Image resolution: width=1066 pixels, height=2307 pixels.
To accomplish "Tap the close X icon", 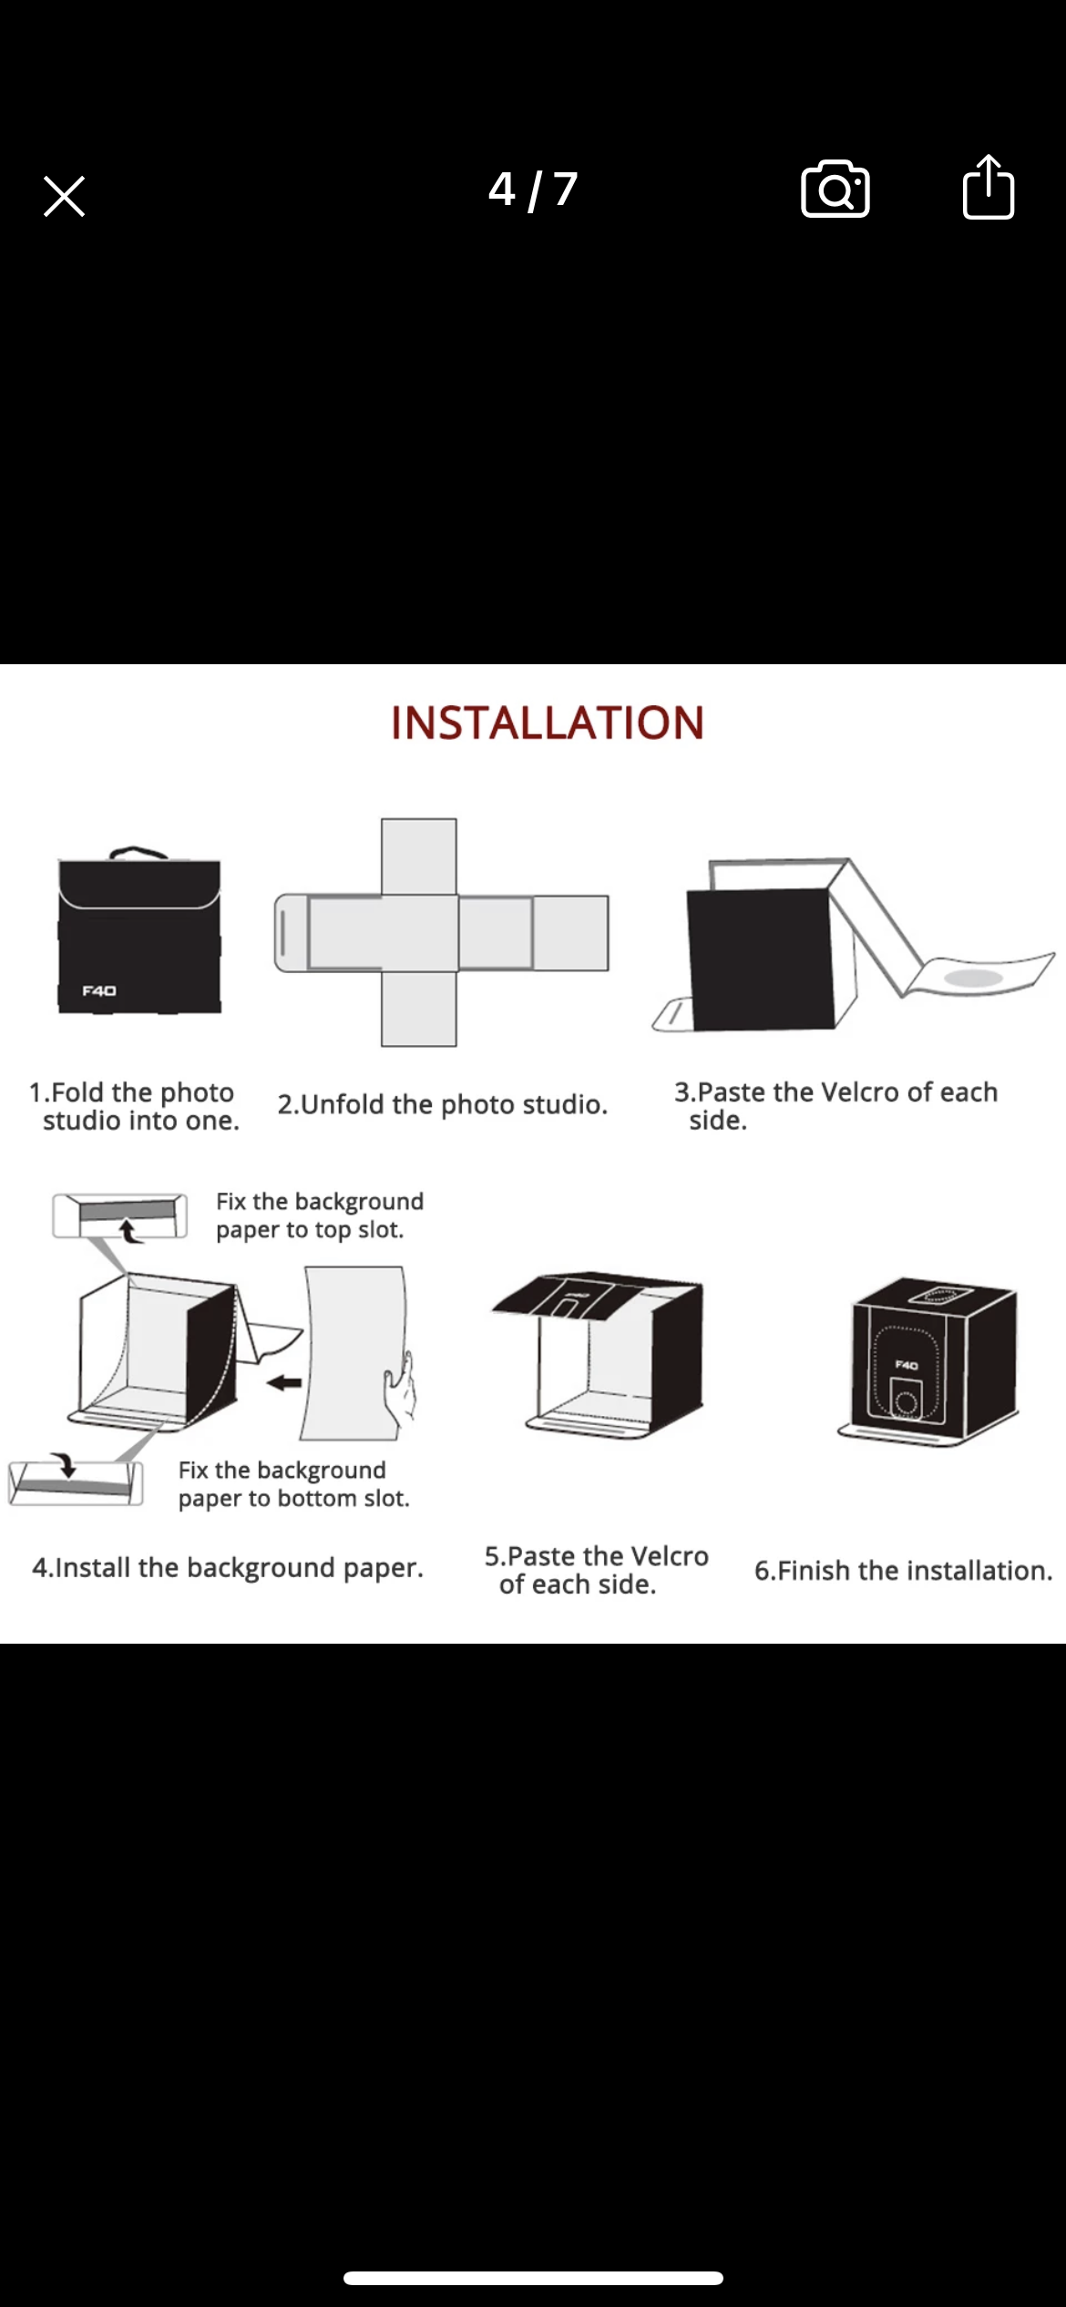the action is pyautogui.click(x=64, y=196).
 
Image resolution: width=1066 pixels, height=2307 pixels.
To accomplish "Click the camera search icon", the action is pyautogui.click(x=835, y=190).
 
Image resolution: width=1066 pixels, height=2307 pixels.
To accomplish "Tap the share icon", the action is pyautogui.click(x=989, y=187).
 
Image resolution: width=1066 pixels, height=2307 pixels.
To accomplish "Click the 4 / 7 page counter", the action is pyautogui.click(x=533, y=190).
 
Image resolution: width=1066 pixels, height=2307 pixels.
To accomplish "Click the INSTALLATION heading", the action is pyautogui.click(x=548, y=723).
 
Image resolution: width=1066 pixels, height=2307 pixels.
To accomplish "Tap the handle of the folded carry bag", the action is pyautogui.click(x=138, y=853).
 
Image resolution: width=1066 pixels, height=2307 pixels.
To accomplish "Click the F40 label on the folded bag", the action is pyautogui.click(x=99, y=990).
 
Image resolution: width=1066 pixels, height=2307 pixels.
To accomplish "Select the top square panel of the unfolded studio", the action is pyautogui.click(x=418, y=856).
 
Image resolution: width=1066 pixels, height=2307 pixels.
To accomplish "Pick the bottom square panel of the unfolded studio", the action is pyautogui.click(x=418, y=1009).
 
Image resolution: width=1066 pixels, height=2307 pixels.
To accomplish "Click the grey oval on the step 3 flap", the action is pyautogui.click(x=974, y=978).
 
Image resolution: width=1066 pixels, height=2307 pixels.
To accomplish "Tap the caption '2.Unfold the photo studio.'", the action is pyautogui.click(x=443, y=1104).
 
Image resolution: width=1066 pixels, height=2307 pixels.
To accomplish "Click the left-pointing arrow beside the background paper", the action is pyautogui.click(x=284, y=1382).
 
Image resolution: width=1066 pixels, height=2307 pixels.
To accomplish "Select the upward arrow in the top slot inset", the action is pyautogui.click(x=129, y=1231).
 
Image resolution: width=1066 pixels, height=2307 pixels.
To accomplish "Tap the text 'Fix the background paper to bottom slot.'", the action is pyautogui.click(x=293, y=1484).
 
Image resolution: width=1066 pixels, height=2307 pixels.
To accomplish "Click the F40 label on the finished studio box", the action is pyautogui.click(x=907, y=1365).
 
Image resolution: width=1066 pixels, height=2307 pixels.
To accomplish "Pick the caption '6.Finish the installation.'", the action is pyautogui.click(x=903, y=1570).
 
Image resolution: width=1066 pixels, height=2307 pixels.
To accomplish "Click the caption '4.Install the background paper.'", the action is pyautogui.click(x=228, y=1567).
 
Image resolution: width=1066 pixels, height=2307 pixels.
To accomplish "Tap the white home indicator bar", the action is pyautogui.click(x=533, y=2278).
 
